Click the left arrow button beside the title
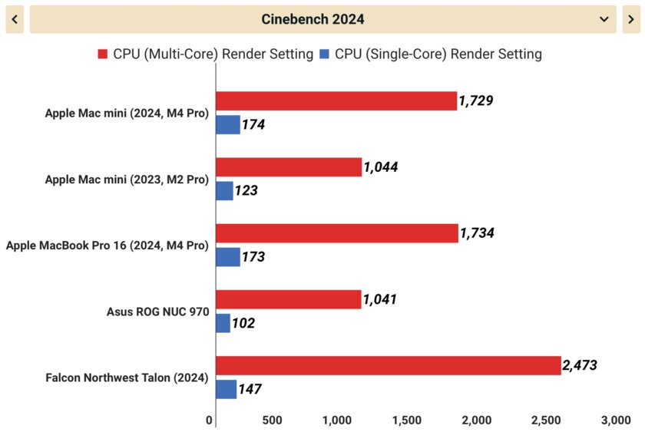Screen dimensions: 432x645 click(x=15, y=18)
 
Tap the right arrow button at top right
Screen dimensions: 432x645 click(x=630, y=18)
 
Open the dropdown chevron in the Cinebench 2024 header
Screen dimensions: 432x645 click(x=603, y=18)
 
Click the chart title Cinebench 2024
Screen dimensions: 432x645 click(x=313, y=18)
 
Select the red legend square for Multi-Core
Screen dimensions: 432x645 click(x=103, y=54)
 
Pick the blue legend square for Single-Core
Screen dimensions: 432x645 click(x=325, y=54)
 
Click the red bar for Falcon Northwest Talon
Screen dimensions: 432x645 click(x=388, y=366)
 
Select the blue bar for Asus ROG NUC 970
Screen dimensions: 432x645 click(x=223, y=323)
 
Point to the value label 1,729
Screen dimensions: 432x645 click(x=475, y=101)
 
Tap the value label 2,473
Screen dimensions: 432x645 click(x=580, y=366)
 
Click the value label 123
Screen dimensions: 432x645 click(x=246, y=190)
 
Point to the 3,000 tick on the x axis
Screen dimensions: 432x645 click(x=614, y=420)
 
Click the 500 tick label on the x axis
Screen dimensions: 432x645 click(x=272, y=420)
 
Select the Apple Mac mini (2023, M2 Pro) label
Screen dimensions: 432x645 click(x=127, y=180)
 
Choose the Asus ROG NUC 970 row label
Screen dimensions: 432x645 click(x=157, y=312)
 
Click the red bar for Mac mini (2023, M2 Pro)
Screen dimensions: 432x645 click(x=289, y=167)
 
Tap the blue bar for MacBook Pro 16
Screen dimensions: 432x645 click(x=228, y=256)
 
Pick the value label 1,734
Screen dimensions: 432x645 click(x=476, y=233)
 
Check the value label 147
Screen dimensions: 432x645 click(x=249, y=389)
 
